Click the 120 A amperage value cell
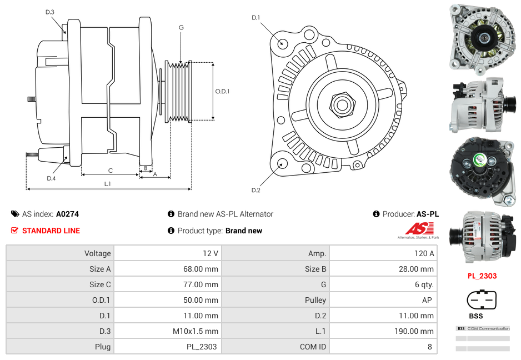tap(424, 253)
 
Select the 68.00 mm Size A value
tap(202, 269)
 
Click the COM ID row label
tap(313, 347)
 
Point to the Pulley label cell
tap(315, 300)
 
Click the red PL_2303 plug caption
tap(482, 276)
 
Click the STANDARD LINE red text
tap(51, 231)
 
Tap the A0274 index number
tap(67, 214)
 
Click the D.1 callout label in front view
tap(256, 18)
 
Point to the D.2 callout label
tap(256, 190)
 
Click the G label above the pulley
tap(181, 27)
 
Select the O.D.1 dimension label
tap(222, 91)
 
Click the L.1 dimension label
tap(107, 184)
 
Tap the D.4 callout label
tap(51, 178)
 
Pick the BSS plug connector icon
tap(482, 301)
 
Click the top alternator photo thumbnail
tap(482, 37)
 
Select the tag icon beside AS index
tap(15, 214)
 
